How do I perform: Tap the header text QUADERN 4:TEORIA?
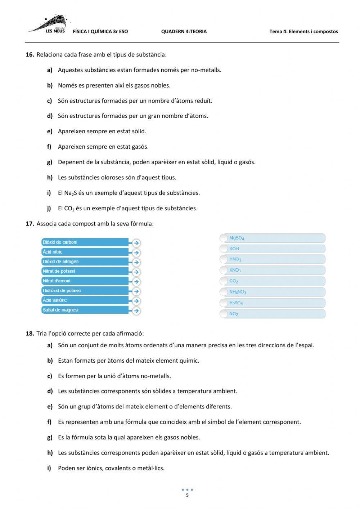pyautogui.click(x=184, y=31)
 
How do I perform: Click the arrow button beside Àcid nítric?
pyautogui.click(x=136, y=253)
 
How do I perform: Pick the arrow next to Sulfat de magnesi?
pyautogui.click(x=136, y=311)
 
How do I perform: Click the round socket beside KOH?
pyautogui.click(x=224, y=249)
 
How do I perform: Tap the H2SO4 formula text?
pyautogui.click(x=236, y=303)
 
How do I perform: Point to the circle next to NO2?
pyautogui.click(x=224, y=314)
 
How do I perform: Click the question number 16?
pyautogui.click(x=30, y=55)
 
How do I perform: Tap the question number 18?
pyautogui.click(x=30, y=334)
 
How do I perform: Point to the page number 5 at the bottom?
pyautogui.click(x=187, y=495)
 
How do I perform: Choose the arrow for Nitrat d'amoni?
pyautogui.click(x=136, y=282)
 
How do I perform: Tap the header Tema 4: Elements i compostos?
pyautogui.click(x=303, y=31)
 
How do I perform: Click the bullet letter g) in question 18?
pyautogui.click(x=50, y=437)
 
